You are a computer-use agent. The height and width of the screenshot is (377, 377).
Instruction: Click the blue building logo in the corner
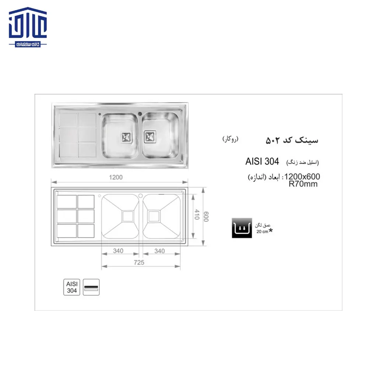point(28,28)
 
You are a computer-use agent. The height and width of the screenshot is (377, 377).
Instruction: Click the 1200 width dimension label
point(115,177)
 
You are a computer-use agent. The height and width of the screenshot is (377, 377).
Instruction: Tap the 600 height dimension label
point(207,216)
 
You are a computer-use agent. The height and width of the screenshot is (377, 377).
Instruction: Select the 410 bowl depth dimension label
point(197,214)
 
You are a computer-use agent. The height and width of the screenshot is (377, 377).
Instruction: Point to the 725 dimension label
point(139,263)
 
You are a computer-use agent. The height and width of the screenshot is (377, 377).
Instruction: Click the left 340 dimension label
point(118,251)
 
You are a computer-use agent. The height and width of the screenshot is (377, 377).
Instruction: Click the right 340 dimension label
point(159,251)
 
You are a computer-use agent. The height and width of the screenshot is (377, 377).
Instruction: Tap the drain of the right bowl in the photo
point(150,136)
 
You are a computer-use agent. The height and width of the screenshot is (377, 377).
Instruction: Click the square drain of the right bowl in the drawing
point(154,216)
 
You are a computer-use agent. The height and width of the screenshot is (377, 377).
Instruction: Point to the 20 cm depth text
point(263,232)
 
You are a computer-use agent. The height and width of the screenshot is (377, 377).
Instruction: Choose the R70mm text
point(303,184)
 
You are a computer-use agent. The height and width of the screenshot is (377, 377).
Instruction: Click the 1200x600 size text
point(302,177)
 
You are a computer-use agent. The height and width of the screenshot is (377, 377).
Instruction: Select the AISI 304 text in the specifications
point(262,162)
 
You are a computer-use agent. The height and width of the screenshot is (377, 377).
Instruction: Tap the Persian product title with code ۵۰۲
point(292,140)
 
